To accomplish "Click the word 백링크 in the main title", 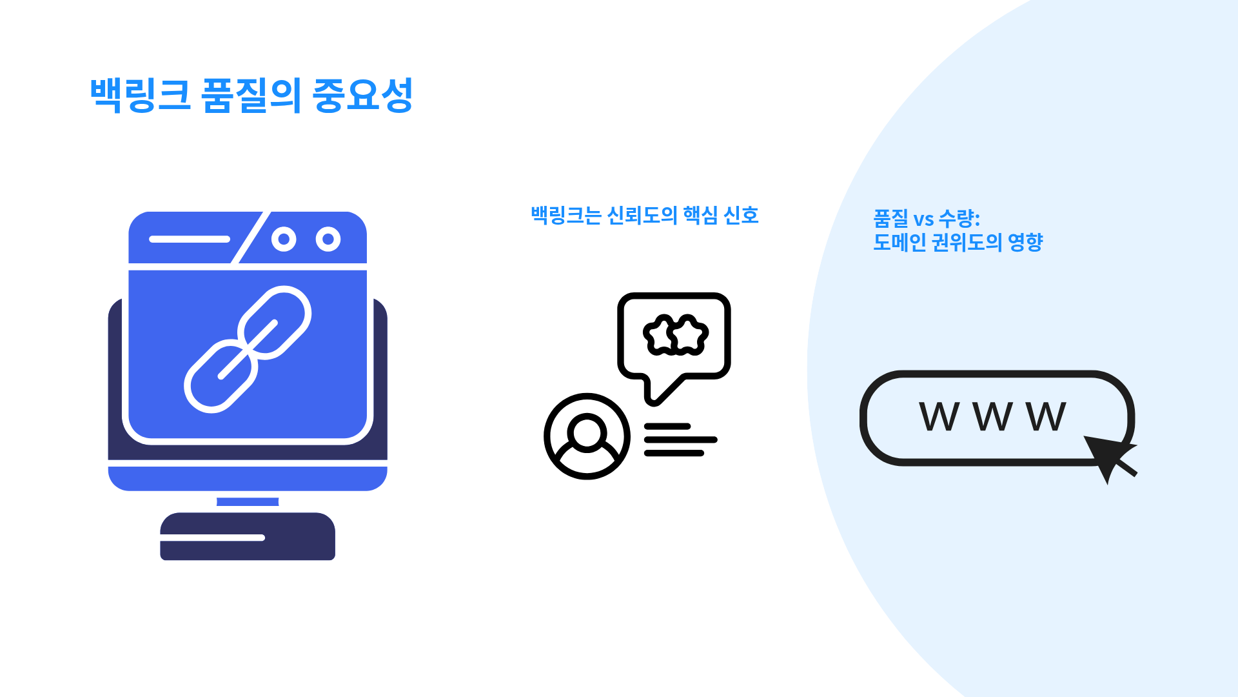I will click(140, 96).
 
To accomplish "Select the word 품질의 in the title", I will click(251, 96).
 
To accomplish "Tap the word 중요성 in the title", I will click(362, 96).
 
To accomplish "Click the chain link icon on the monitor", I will click(248, 349).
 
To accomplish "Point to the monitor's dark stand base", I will click(248, 536).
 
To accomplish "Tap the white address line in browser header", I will click(190, 239).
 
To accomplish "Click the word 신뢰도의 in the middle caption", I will click(642, 215).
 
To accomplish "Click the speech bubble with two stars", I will click(674, 336).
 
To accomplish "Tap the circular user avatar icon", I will click(587, 436).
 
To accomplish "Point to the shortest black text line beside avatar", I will click(667, 427).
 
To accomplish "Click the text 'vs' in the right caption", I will click(923, 219).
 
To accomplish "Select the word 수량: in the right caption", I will click(959, 218).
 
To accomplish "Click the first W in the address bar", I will click(939, 416).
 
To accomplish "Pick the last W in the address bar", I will click(1046, 416).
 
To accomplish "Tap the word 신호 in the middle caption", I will click(741, 215).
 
